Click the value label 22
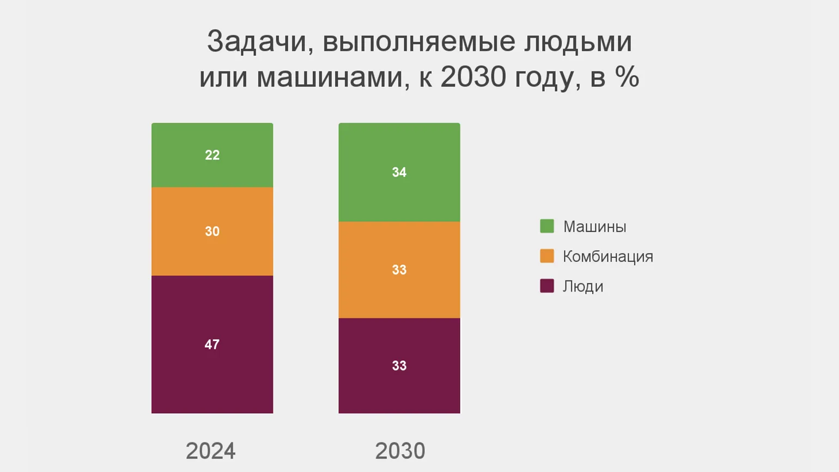(212, 155)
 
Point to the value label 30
(212, 232)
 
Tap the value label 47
(212, 344)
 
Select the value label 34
(399, 173)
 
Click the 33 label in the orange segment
(399, 270)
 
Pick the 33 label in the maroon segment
(399, 366)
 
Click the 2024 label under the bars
(211, 451)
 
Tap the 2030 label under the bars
(400, 451)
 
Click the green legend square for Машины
(547, 226)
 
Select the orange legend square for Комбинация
(547, 256)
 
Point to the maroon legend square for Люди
(547, 286)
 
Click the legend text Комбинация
(607, 257)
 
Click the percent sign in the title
(627, 77)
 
